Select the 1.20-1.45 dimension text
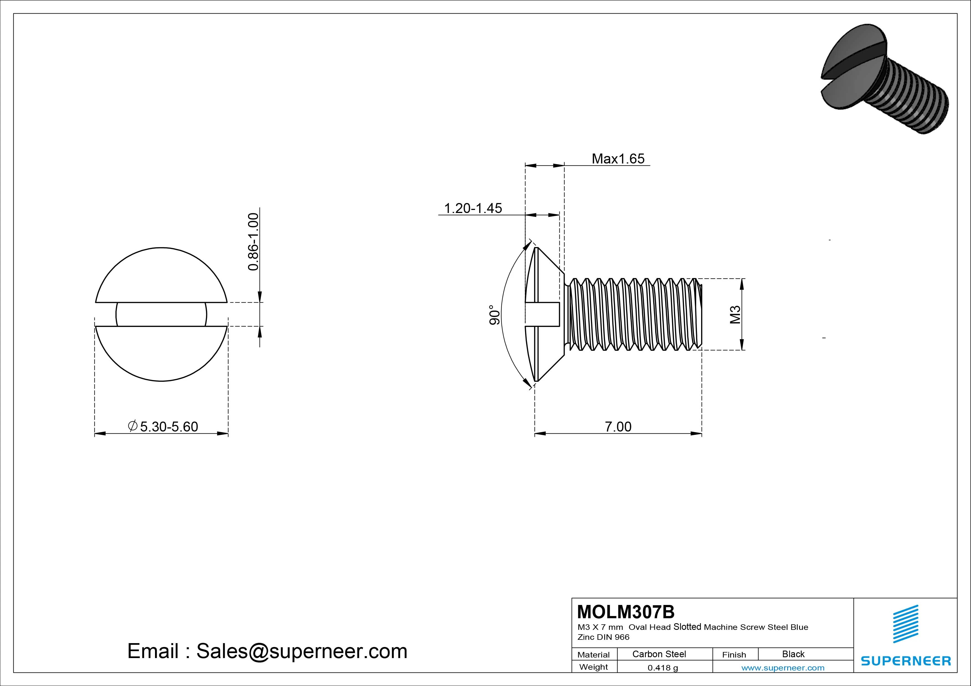(x=473, y=208)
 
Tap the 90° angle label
(x=494, y=315)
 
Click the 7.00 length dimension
(x=618, y=427)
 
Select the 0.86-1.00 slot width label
(x=253, y=242)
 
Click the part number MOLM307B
(x=626, y=612)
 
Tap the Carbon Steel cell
(x=659, y=654)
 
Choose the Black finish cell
(x=793, y=654)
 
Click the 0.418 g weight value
(x=663, y=668)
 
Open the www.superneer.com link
(x=783, y=668)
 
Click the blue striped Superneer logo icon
(x=905, y=623)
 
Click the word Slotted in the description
(x=687, y=627)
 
